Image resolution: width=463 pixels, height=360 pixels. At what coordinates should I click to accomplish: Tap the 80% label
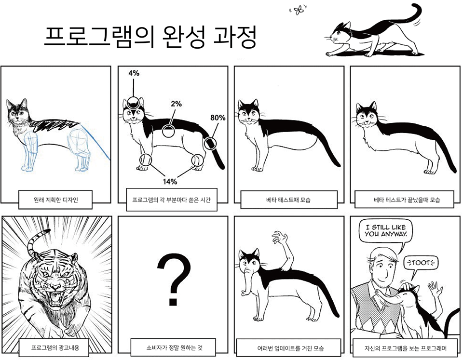(218, 117)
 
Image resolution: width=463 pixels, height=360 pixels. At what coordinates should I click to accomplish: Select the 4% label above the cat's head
(134, 73)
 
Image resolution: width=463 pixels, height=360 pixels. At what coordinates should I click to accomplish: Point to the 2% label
(176, 103)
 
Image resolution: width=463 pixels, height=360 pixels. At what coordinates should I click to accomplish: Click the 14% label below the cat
(169, 181)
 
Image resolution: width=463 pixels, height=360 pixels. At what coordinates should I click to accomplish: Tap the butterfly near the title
(300, 9)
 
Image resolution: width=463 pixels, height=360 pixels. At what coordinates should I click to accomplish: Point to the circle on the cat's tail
(210, 143)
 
